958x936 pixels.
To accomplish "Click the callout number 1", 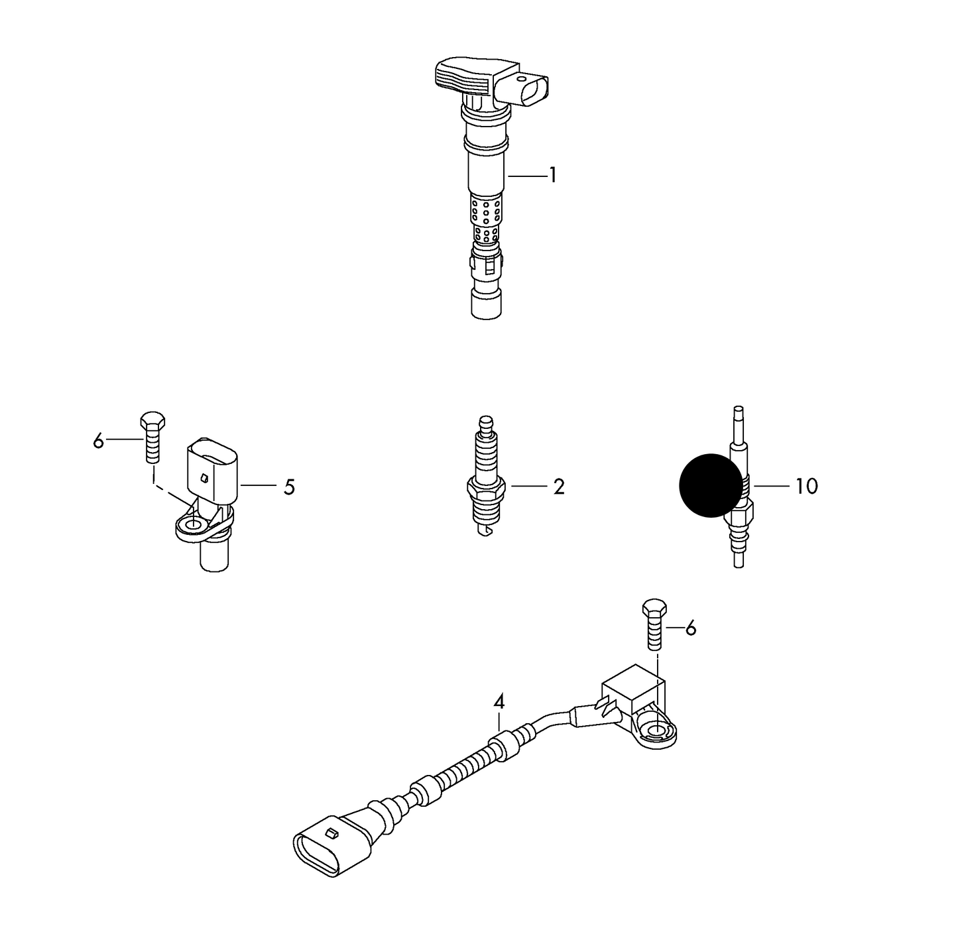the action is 553,175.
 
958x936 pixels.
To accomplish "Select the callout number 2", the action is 559,487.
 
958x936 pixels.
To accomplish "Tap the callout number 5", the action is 290,487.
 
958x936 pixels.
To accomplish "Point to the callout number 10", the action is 807,486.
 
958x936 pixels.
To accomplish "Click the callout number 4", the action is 499,701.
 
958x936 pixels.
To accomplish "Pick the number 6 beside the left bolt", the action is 99,441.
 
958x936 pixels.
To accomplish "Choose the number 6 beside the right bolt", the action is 691,628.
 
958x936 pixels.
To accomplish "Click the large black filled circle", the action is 710,485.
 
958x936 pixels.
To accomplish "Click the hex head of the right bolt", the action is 655,609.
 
